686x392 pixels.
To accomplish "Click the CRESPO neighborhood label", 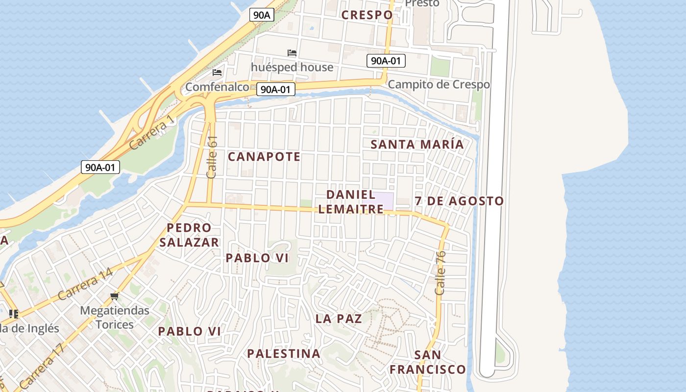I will (x=367, y=15).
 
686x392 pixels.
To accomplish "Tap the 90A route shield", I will (x=262, y=15).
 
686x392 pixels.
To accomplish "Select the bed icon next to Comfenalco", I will (x=217, y=73).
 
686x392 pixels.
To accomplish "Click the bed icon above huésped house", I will (x=292, y=53).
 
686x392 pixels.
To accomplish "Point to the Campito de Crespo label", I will (x=439, y=84).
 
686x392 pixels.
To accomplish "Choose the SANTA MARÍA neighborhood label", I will (x=417, y=145).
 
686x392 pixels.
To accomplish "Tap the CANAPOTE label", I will (x=264, y=157).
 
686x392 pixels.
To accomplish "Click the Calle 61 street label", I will (x=212, y=157).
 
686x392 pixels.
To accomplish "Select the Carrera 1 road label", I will (x=152, y=132).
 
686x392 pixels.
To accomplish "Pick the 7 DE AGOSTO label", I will (x=459, y=201).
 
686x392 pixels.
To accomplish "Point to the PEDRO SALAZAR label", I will (x=189, y=235).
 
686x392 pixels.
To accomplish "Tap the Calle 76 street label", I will (x=440, y=272).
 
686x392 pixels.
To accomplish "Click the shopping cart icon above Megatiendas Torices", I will (x=115, y=296).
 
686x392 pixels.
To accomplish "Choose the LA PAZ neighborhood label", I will (x=339, y=319).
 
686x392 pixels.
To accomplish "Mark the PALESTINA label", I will (x=284, y=354).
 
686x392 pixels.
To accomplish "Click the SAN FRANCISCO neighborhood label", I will (x=428, y=362).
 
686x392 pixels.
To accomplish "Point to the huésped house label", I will (x=292, y=67).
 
